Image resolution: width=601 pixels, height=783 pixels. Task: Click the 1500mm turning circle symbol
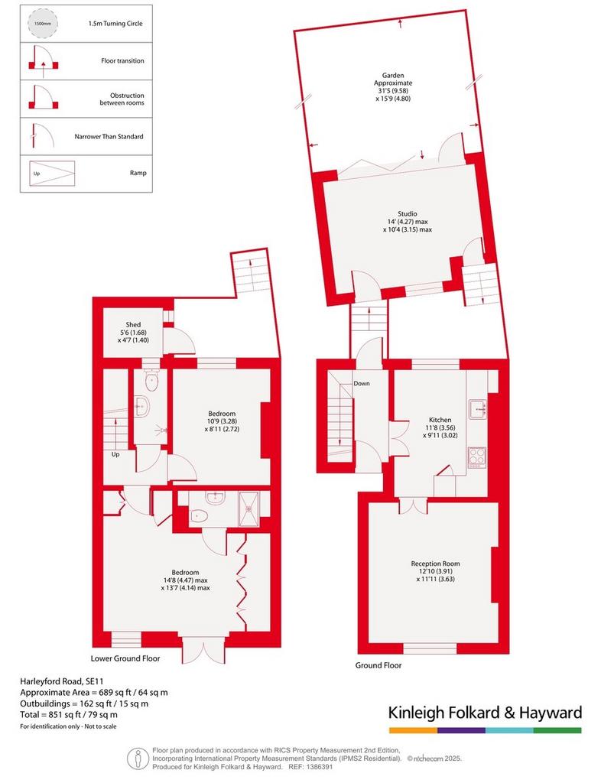pos(43,24)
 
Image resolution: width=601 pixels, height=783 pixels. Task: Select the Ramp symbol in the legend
pos(52,174)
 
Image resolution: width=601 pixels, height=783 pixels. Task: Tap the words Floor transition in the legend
pos(122,61)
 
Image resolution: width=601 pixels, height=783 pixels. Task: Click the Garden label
pos(393,76)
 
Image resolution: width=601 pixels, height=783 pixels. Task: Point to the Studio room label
pos(408,214)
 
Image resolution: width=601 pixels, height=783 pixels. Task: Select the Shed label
pos(133,324)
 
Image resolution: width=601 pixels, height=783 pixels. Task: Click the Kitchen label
pos(440,420)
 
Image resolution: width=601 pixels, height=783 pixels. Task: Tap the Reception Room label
pos(435,564)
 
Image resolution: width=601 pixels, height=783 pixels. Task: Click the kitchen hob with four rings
pos(476,456)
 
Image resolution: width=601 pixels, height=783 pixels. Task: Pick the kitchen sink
pos(478,409)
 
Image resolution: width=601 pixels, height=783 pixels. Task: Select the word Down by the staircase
pos(362,384)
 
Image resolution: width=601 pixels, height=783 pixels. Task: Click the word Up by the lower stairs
pos(115,454)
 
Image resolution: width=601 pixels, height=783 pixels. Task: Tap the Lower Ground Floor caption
pos(125,658)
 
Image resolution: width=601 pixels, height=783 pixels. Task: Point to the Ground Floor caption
pos(378,665)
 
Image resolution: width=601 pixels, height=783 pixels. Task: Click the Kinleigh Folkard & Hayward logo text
pos(486,713)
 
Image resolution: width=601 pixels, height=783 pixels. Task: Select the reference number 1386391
pos(320,767)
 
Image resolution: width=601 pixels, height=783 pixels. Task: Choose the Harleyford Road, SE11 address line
pos(62,681)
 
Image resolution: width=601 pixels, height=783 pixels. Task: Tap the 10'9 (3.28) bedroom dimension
pos(223,421)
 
